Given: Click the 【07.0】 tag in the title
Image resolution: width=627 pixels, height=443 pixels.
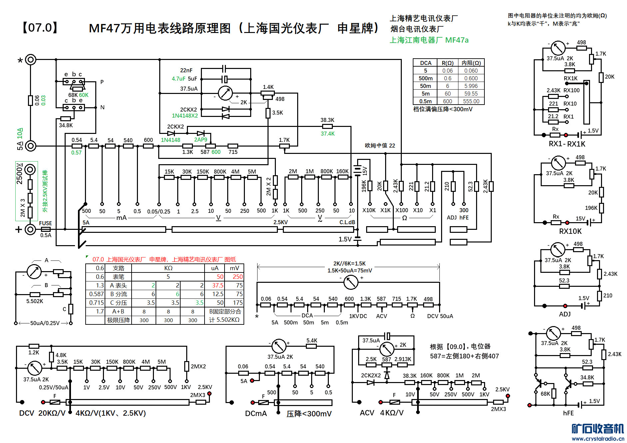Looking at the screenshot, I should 40,28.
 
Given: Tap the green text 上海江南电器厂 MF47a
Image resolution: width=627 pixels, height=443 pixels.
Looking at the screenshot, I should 429,40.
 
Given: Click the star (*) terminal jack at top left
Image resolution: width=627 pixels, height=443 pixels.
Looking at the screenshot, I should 31,60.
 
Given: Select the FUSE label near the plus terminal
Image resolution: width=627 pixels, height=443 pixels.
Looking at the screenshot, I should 45,223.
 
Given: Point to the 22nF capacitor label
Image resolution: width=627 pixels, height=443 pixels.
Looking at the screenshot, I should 186,70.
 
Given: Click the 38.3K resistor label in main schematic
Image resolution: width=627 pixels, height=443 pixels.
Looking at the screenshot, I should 327,120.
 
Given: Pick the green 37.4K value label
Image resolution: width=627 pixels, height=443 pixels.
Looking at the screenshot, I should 327,134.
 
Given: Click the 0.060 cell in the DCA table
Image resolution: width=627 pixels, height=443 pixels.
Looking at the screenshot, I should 471,71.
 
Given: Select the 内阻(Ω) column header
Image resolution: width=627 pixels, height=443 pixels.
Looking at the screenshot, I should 471,63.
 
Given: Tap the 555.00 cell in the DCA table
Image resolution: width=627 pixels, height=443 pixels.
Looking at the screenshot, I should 471,101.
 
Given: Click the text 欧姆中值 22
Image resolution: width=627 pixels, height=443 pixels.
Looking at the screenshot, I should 380,146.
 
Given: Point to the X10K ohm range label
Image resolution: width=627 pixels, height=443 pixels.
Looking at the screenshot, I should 369,210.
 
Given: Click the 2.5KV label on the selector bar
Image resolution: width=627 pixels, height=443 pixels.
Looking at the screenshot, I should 281,222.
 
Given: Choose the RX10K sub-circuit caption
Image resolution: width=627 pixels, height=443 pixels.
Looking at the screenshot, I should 570,231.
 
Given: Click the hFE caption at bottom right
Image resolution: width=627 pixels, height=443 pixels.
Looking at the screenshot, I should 568,413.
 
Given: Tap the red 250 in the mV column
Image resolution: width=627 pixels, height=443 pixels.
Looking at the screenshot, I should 238,277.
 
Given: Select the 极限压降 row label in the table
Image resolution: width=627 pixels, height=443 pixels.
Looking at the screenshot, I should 118,320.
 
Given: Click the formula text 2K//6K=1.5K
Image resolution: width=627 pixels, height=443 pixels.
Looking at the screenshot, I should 349,263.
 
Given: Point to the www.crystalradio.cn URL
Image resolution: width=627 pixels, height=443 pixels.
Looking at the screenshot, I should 598,439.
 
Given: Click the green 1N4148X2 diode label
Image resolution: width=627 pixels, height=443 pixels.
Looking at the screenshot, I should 185,116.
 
